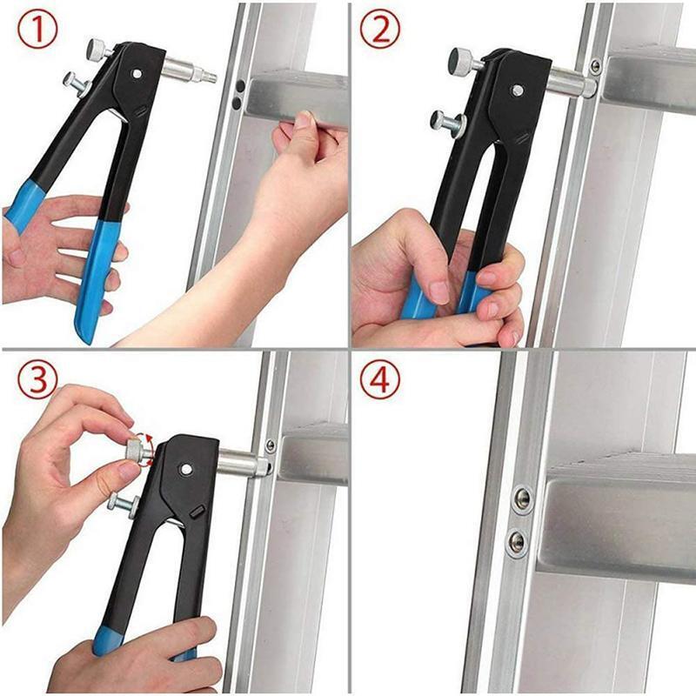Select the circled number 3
(x=36, y=380)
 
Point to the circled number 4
(x=380, y=380)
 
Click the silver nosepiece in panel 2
(x=570, y=84)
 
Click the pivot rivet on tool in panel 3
(x=185, y=469)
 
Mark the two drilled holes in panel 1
(x=237, y=95)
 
